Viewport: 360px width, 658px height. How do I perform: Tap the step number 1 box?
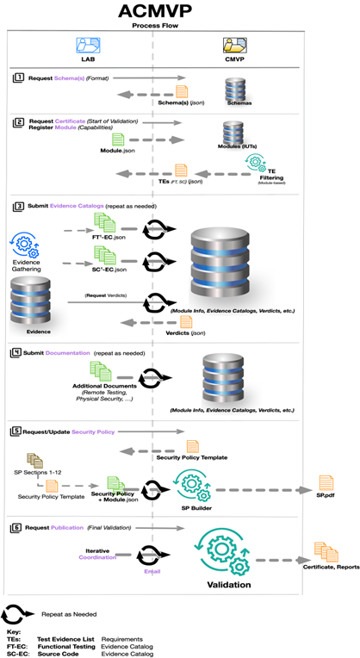point(19,78)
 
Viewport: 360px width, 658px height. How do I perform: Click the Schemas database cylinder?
point(237,89)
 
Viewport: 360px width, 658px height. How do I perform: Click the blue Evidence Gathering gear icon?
point(31,246)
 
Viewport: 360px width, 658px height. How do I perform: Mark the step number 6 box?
point(19,528)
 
